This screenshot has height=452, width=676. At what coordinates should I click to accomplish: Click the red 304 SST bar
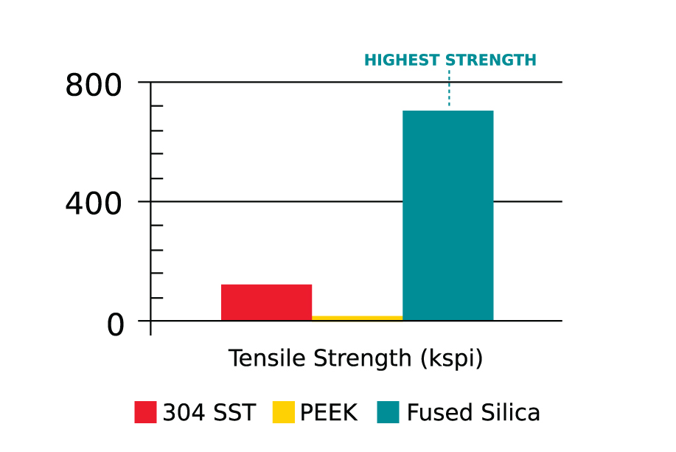coord(266,302)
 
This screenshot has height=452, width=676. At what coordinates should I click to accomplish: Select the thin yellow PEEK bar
coord(357,318)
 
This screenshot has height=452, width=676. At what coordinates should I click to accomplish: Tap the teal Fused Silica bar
coord(447,215)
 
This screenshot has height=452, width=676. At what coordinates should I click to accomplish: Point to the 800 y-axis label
coord(93,86)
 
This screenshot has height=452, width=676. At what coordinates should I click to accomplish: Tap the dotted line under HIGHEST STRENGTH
coord(449,88)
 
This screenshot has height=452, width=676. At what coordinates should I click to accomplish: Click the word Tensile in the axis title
coord(266,358)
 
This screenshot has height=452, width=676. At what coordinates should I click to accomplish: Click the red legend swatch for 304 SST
coord(145,412)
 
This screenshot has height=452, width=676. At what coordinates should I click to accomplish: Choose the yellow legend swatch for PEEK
coord(283,412)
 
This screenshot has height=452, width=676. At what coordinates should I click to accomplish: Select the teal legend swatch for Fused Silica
coord(388,412)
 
